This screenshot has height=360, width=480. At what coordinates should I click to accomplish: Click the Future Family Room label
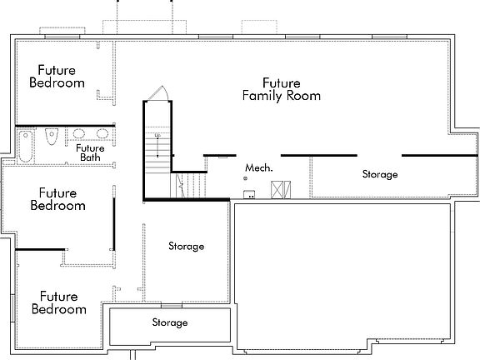[x=281, y=90]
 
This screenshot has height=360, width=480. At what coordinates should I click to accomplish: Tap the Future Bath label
[x=90, y=152]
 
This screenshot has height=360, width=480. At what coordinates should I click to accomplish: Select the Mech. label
[x=258, y=168]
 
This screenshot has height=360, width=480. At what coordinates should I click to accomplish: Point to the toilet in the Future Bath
[x=52, y=137]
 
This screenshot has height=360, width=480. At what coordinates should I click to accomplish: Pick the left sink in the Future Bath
[x=79, y=133]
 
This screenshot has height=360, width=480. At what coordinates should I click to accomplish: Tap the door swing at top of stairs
[x=159, y=94]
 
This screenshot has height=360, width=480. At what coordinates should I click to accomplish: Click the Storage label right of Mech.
[x=379, y=175]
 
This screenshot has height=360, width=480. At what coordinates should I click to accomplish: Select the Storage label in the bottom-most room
[x=169, y=322]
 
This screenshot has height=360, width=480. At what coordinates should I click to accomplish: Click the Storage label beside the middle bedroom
[x=186, y=247]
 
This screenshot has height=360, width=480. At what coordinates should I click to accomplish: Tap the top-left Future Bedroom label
[x=57, y=77]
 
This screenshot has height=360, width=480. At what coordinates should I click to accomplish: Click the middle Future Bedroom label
[x=57, y=199]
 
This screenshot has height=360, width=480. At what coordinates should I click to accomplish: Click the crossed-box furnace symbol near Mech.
[x=278, y=189]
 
